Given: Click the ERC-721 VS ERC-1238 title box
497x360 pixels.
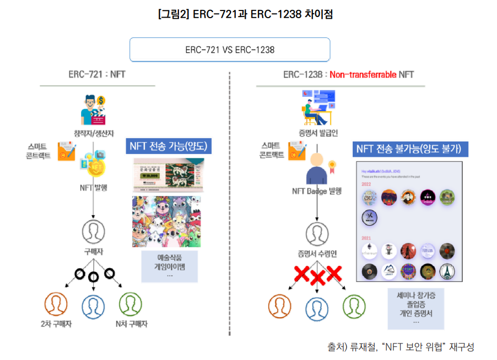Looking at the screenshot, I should pyautogui.click(x=229, y=50).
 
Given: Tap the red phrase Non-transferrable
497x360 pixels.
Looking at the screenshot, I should pyautogui.click(x=363, y=74).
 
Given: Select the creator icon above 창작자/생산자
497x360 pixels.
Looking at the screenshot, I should pyautogui.click(x=92, y=110).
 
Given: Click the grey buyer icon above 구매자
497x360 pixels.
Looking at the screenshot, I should pyautogui.click(x=93, y=232).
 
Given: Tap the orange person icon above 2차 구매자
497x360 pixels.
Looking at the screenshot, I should pyautogui.click(x=56, y=304).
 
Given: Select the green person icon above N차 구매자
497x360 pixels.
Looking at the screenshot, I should pyautogui.click(x=131, y=304).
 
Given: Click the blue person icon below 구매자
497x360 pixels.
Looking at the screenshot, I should pyautogui.click(x=93, y=306).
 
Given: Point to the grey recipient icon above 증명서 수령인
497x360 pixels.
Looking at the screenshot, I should pyautogui.click(x=316, y=232).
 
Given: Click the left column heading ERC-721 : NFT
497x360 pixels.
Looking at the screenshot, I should pyautogui.click(x=97, y=74).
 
